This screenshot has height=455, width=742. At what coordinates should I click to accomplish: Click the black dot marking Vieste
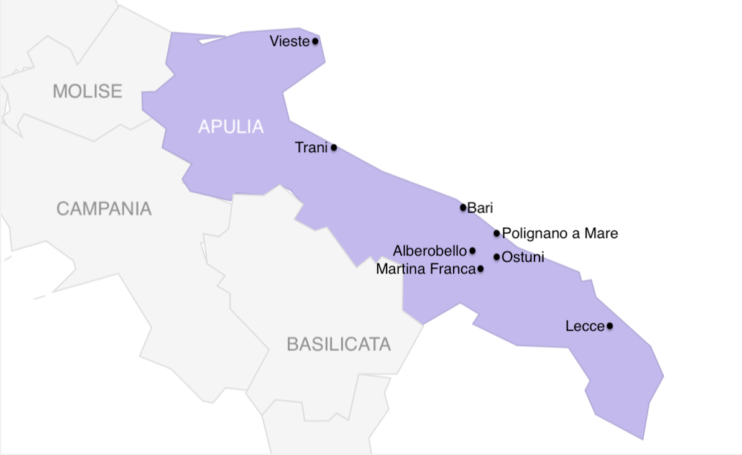point(315,42)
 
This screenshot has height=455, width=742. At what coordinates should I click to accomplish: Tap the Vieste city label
point(290,42)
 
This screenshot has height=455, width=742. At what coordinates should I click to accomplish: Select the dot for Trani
point(334,148)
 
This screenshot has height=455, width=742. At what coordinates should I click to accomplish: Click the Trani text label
point(311,148)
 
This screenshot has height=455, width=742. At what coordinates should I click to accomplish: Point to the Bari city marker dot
point(463,208)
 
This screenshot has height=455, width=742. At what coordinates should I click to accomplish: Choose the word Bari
point(480,208)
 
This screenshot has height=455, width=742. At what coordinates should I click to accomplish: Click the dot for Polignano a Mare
point(497,234)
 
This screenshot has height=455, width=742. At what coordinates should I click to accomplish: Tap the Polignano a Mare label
point(560,234)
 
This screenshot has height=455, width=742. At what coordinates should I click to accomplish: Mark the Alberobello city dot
point(472,250)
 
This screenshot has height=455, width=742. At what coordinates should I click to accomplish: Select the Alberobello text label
point(430,251)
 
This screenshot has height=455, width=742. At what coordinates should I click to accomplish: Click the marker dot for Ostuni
point(497,257)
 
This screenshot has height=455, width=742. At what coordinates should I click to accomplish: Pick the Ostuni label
point(523,257)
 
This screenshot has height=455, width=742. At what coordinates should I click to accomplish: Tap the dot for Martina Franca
point(480,269)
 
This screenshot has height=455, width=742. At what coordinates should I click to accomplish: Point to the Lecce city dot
point(610,326)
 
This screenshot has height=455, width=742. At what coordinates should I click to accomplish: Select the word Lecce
point(585,326)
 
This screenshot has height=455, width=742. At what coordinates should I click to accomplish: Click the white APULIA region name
point(231,127)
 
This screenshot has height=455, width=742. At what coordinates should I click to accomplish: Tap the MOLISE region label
point(88,91)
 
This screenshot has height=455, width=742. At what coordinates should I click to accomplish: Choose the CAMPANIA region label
point(104,209)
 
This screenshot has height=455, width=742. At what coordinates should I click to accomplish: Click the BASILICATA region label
point(339,344)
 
